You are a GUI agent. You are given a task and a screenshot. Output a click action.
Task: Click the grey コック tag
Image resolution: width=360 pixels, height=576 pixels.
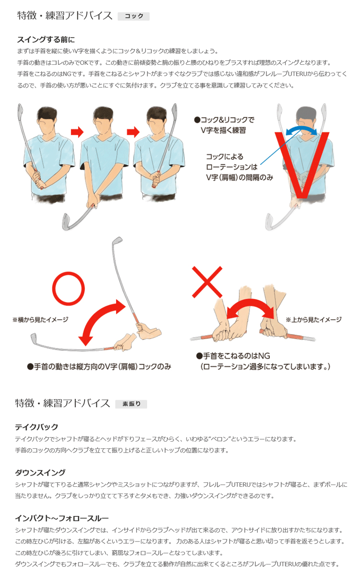(x=133, y=16)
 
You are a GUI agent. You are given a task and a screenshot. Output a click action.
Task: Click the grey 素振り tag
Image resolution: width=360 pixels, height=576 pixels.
(x=131, y=404)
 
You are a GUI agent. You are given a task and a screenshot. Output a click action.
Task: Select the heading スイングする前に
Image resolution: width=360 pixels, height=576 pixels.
(x=46, y=39)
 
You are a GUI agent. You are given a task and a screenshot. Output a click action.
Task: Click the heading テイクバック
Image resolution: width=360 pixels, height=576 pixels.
(x=36, y=427)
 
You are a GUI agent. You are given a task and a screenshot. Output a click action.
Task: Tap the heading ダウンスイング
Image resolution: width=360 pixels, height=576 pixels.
(x=40, y=472)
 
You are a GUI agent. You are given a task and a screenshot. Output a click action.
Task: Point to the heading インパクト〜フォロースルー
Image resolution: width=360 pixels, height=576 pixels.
(x=62, y=518)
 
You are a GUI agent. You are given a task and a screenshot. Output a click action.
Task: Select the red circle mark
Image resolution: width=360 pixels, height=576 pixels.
(x=68, y=288)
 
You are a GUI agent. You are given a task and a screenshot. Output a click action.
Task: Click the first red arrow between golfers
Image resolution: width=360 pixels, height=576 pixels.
(x=77, y=132)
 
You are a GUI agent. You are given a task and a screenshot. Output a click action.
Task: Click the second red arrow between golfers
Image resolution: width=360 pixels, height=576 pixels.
(x=133, y=132)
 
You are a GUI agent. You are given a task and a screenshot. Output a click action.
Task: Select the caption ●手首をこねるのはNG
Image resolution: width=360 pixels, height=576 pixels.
(x=233, y=356)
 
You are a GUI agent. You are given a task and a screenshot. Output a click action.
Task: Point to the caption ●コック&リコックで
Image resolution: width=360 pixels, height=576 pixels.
(x=225, y=120)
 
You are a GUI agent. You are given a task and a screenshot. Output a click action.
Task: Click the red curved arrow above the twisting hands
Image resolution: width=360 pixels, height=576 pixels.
(x=250, y=306)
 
